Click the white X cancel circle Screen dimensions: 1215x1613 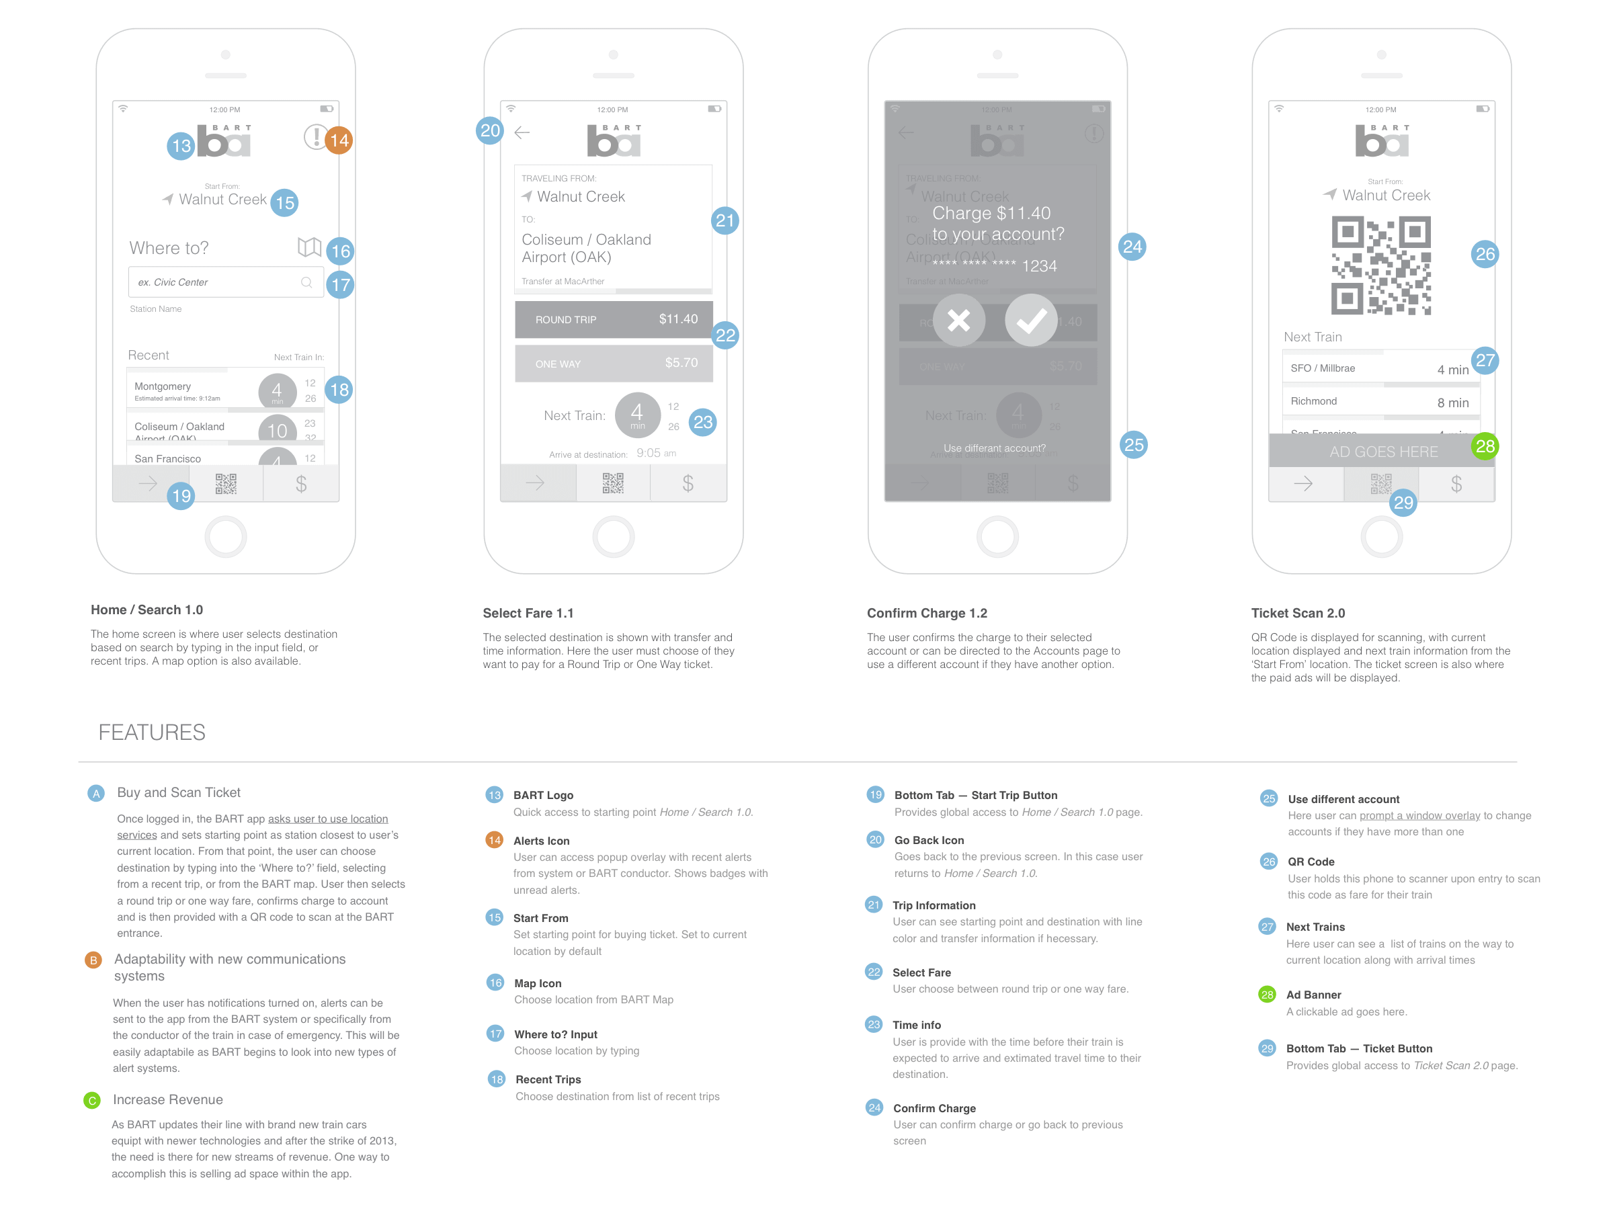(x=958, y=320)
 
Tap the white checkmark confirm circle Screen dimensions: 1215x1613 (x=1030, y=320)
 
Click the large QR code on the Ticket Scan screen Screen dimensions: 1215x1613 (x=1381, y=265)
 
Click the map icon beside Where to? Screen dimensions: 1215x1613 (x=309, y=247)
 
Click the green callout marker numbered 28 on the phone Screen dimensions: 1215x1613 (x=1485, y=446)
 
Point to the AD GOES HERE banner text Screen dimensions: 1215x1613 (x=1383, y=452)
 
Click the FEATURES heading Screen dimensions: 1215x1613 (x=152, y=732)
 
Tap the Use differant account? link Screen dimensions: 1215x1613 (x=994, y=448)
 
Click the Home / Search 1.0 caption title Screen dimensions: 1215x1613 (x=147, y=610)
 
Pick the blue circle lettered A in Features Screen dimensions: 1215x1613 (x=96, y=794)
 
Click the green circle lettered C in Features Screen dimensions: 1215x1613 (x=92, y=1101)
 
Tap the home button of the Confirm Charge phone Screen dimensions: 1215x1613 (x=997, y=537)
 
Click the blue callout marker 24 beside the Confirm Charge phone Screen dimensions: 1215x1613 (x=1132, y=247)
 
